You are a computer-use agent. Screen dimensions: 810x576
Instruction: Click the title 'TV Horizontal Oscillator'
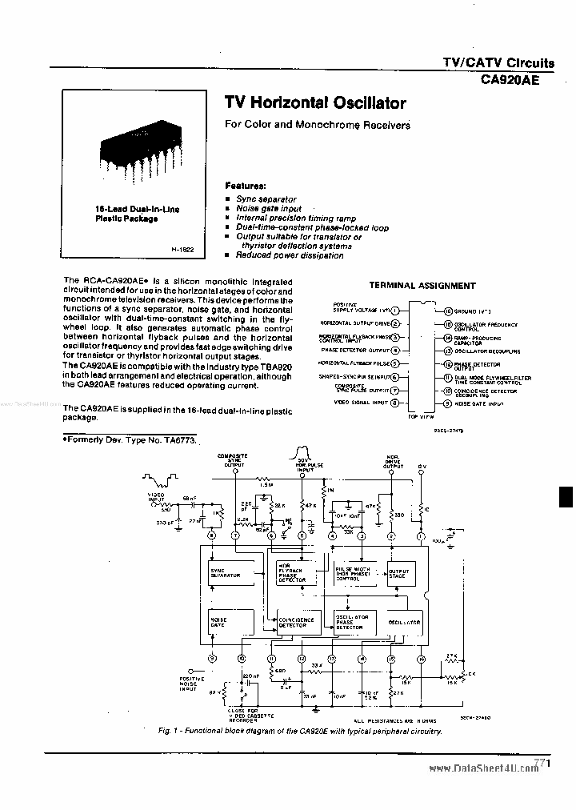(x=315, y=103)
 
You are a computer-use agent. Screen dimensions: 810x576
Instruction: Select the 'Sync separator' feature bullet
(x=266, y=198)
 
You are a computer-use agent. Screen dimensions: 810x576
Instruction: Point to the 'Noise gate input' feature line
(x=268, y=208)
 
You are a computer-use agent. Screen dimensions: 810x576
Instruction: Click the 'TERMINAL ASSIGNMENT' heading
(x=422, y=286)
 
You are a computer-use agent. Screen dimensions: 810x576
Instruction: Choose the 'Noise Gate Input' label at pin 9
(x=479, y=403)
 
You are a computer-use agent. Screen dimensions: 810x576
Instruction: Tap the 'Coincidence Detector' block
(x=297, y=621)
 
